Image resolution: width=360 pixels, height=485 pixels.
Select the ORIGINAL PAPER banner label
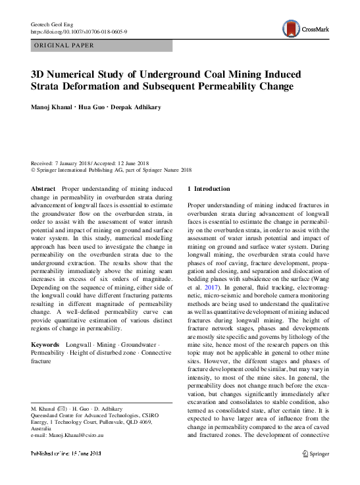click(63, 45)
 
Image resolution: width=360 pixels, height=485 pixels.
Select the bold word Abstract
click(43, 188)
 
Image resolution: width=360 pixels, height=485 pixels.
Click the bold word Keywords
click(47, 345)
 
